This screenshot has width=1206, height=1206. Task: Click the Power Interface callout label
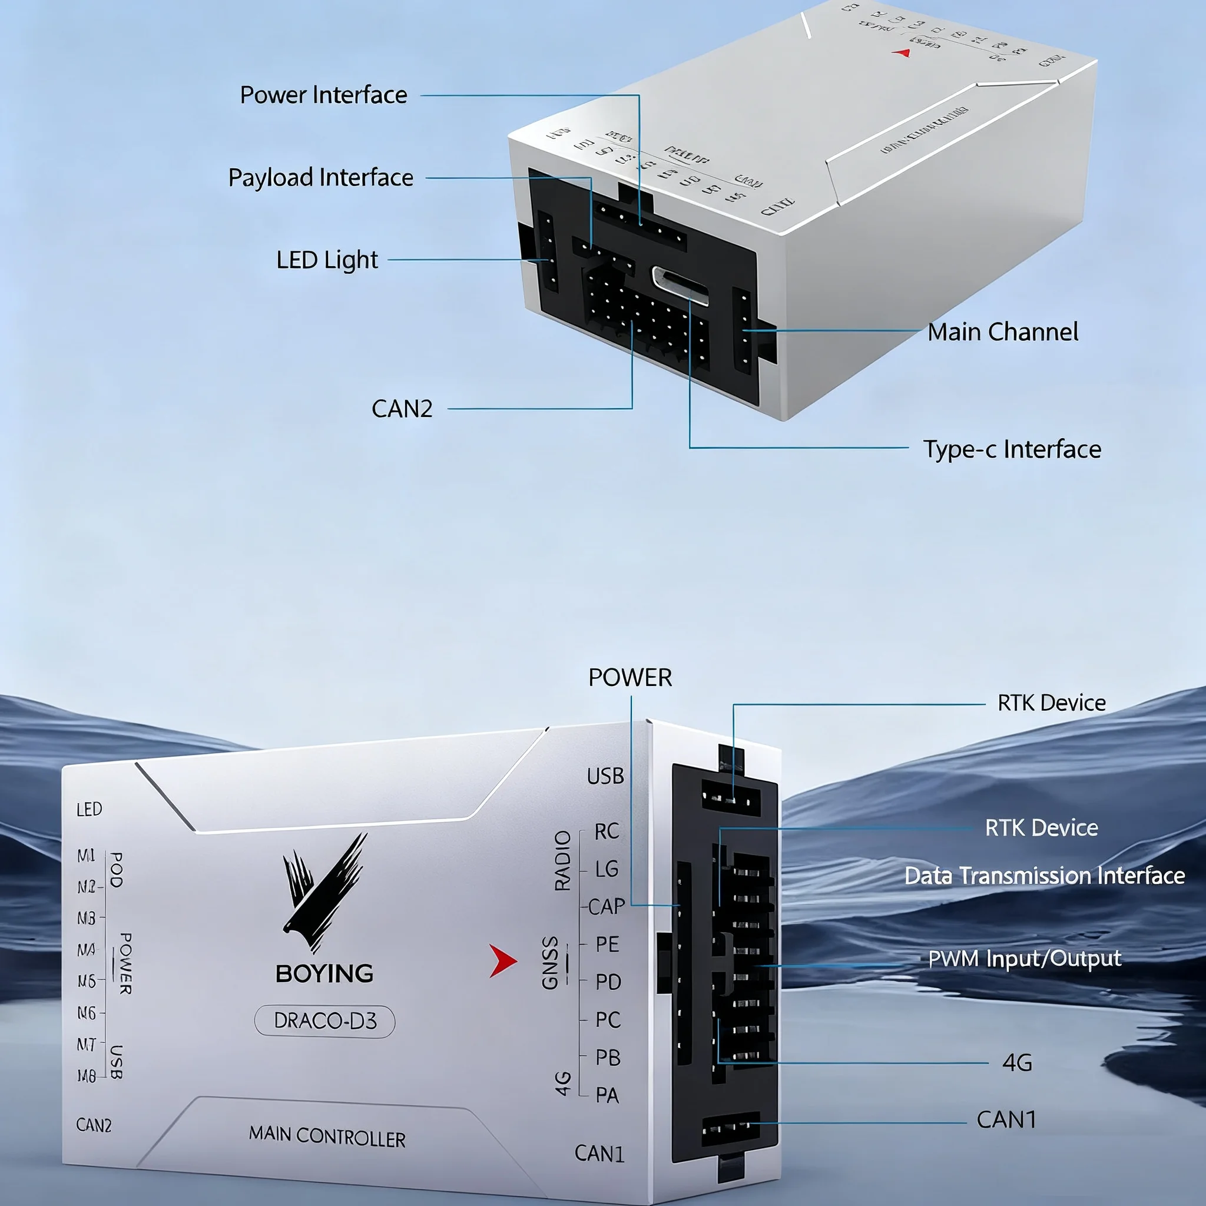click(x=323, y=95)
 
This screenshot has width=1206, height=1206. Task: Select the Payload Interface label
click(x=320, y=177)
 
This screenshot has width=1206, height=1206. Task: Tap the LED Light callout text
click(x=326, y=260)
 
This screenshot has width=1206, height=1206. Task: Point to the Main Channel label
click(x=1002, y=332)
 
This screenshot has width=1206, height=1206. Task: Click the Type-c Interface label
click(x=1012, y=449)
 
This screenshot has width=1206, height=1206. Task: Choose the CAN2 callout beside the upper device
click(x=402, y=409)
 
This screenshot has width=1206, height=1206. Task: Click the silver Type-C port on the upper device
click(x=680, y=285)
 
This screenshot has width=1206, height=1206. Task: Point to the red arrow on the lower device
click(x=502, y=960)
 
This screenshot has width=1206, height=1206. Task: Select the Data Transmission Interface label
click(x=1044, y=875)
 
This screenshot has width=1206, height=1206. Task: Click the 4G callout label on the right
click(x=1017, y=1062)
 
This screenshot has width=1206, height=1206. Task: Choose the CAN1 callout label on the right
click(x=1006, y=1120)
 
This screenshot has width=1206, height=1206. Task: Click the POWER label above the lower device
click(x=630, y=677)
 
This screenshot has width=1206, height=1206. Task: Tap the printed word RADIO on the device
click(x=563, y=861)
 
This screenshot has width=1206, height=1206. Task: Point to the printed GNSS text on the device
click(x=550, y=963)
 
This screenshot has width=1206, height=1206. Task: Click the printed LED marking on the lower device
click(x=90, y=810)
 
